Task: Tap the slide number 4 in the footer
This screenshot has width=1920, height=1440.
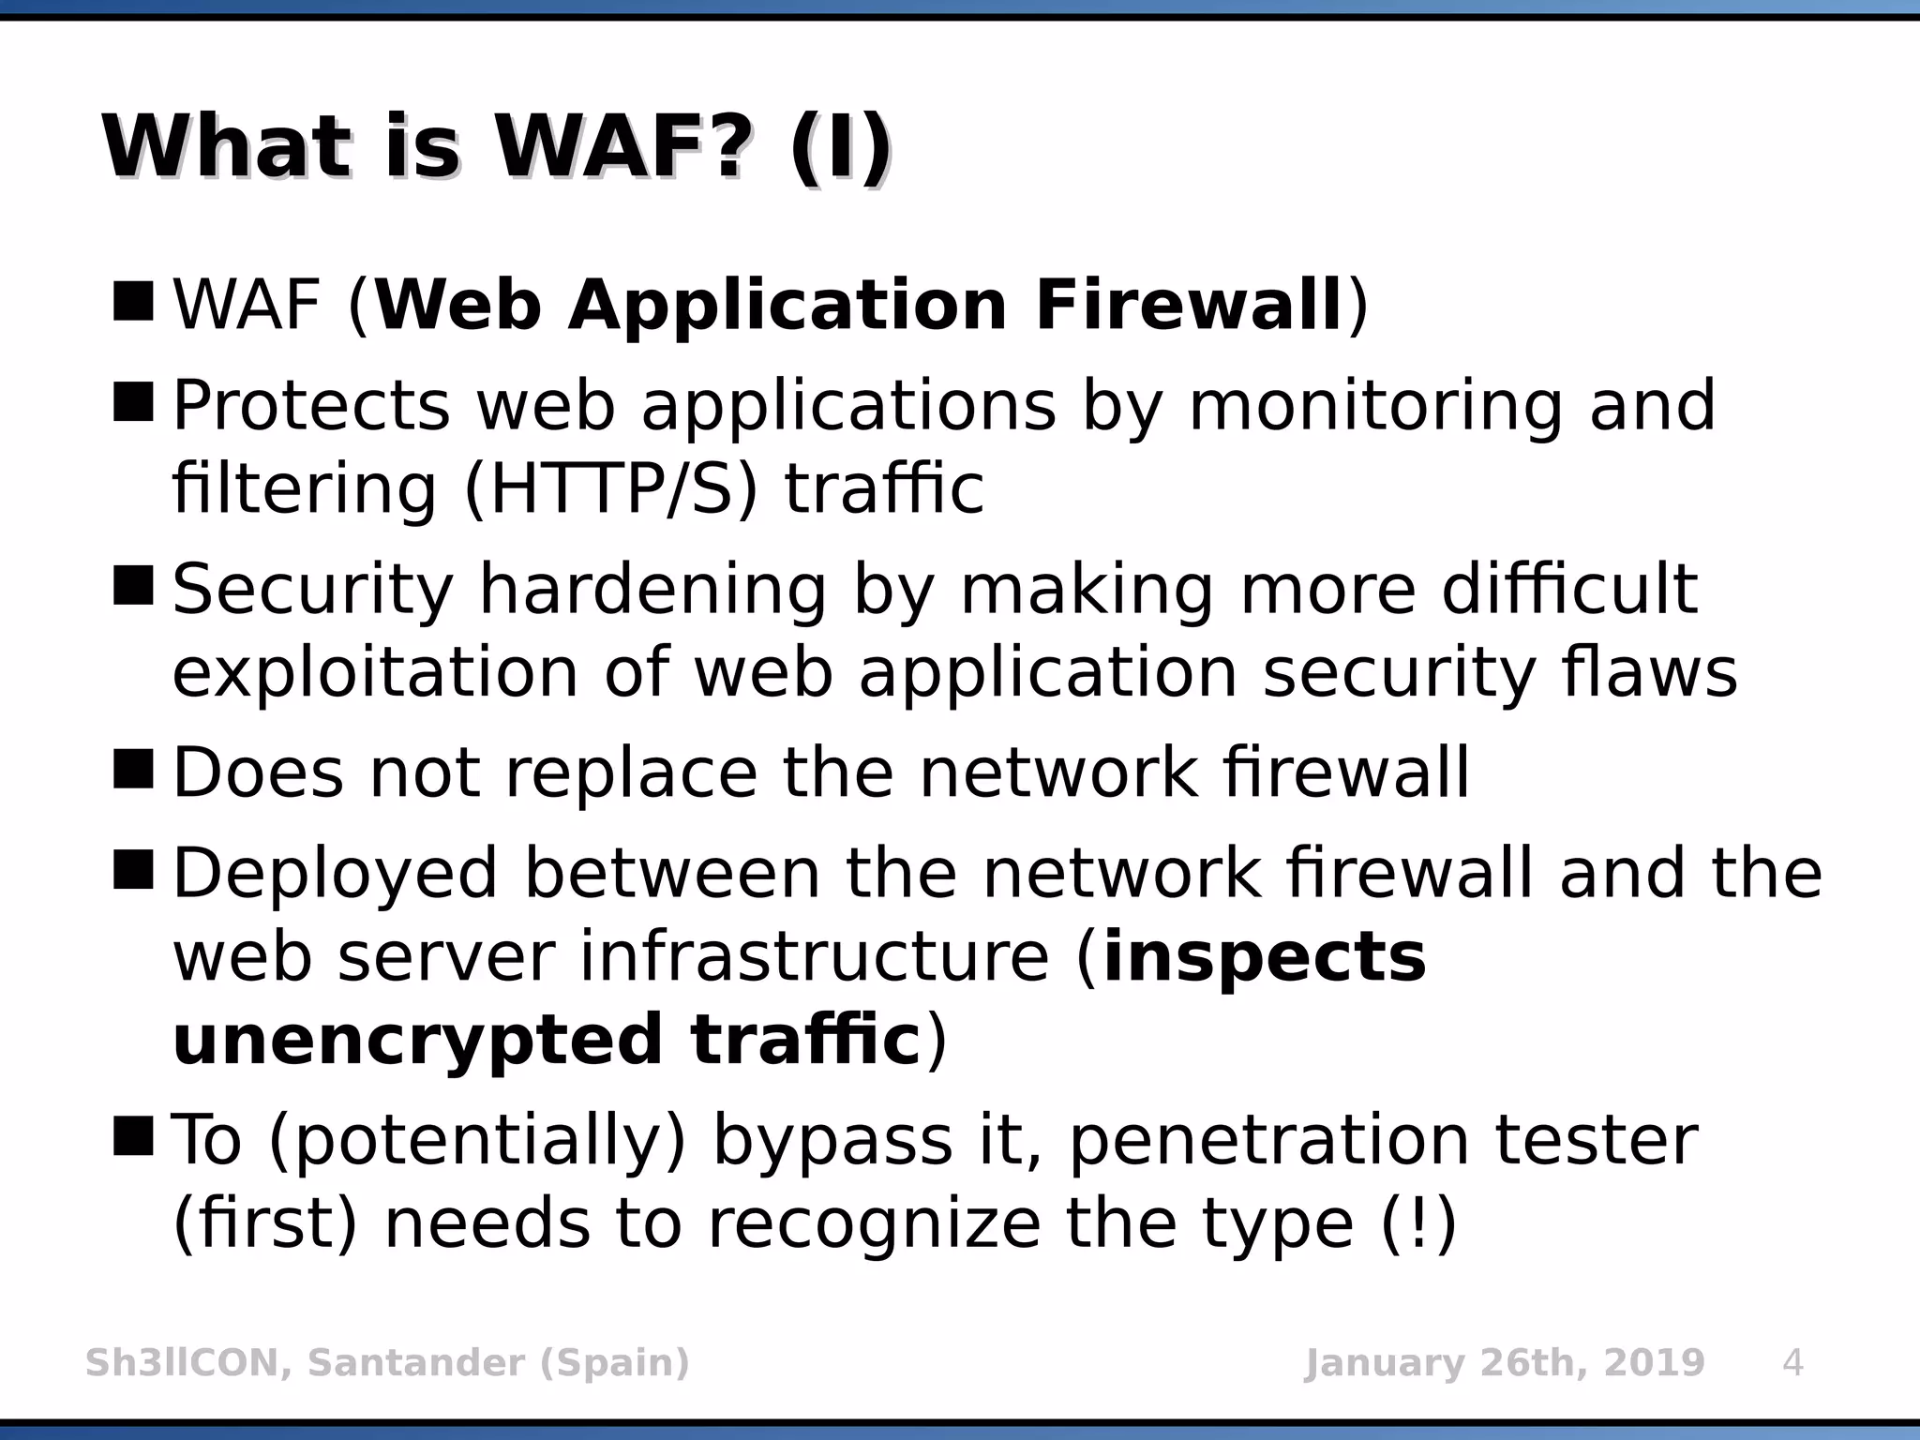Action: (1792, 1362)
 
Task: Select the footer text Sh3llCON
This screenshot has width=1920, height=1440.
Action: (182, 1362)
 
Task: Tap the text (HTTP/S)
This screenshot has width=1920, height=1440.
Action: (610, 488)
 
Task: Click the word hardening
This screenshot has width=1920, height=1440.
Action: (652, 591)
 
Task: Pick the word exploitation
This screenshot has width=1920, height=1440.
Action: (376, 672)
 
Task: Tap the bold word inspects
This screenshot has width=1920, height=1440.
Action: (1265, 958)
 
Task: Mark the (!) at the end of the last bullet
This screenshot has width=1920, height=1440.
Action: (1419, 1222)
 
